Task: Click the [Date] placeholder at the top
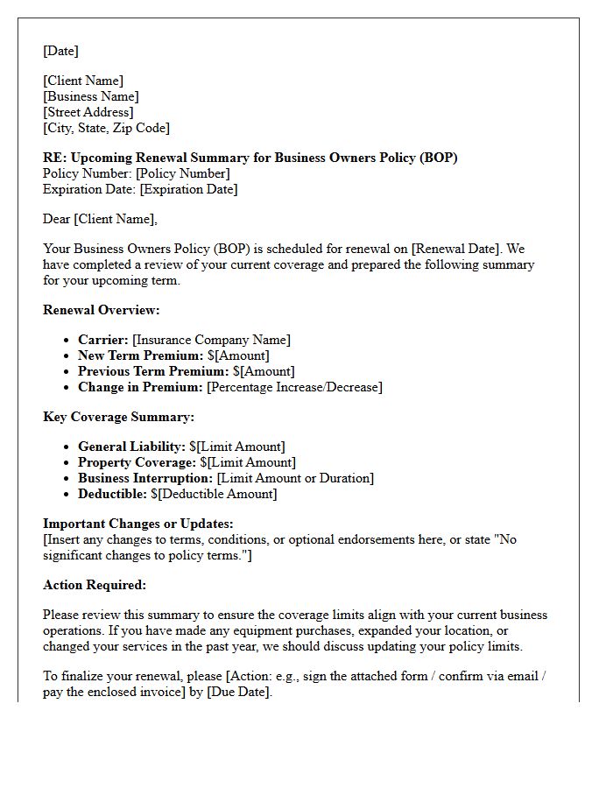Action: [x=60, y=51]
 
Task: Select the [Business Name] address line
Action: [x=91, y=96]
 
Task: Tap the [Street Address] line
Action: [x=88, y=112]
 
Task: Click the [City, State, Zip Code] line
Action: [x=106, y=128]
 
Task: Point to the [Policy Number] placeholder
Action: [x=183, y=173]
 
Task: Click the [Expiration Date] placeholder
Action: [x=188, y=189]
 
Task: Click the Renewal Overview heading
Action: [x=102, y=310]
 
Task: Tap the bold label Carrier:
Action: [x=103, y=340]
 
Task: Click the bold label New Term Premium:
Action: [x=141, y=355]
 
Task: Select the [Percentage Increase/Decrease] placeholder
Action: [x=294, y=387]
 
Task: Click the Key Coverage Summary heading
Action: [x=118, y=417]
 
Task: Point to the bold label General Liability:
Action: [x=131, y=447]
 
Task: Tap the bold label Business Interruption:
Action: [x=145, y=478]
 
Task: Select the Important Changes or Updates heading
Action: [x=137, y=524]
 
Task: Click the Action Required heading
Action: [x=95, y=585]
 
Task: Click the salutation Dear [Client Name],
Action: [x=101, y=219]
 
